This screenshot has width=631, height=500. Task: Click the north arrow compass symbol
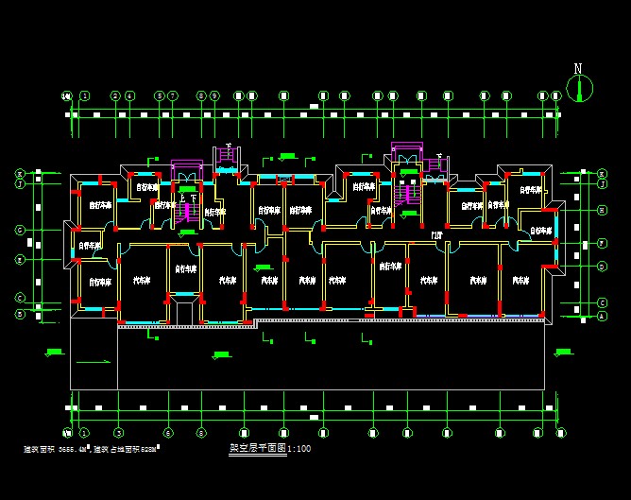click(x=578, y=88)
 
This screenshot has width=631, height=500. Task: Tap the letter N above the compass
click(x=578, y=68)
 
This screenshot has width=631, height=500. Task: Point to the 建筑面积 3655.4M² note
click(x=56, y=449)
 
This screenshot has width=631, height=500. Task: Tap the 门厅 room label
click(x=437, y=234)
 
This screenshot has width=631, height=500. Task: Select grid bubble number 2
click(x=115, y=95)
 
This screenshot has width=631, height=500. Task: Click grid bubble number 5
click(x=159, y=95)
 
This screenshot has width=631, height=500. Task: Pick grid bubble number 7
click(x=174, y=95)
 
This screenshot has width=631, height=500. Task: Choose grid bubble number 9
click(x=215, y=95)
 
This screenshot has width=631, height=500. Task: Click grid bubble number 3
click(x=130, y=95)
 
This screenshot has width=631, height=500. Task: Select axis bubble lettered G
click(x=19, y=230)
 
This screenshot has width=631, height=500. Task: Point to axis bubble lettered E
click(x=19, y=259)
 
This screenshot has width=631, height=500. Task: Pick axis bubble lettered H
click(x=602, y=210)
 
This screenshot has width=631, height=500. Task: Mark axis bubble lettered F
click(x=602, y=243)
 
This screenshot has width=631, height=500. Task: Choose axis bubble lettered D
click(x=602, y=267)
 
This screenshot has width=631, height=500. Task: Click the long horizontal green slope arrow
click(x=92, y=362)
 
